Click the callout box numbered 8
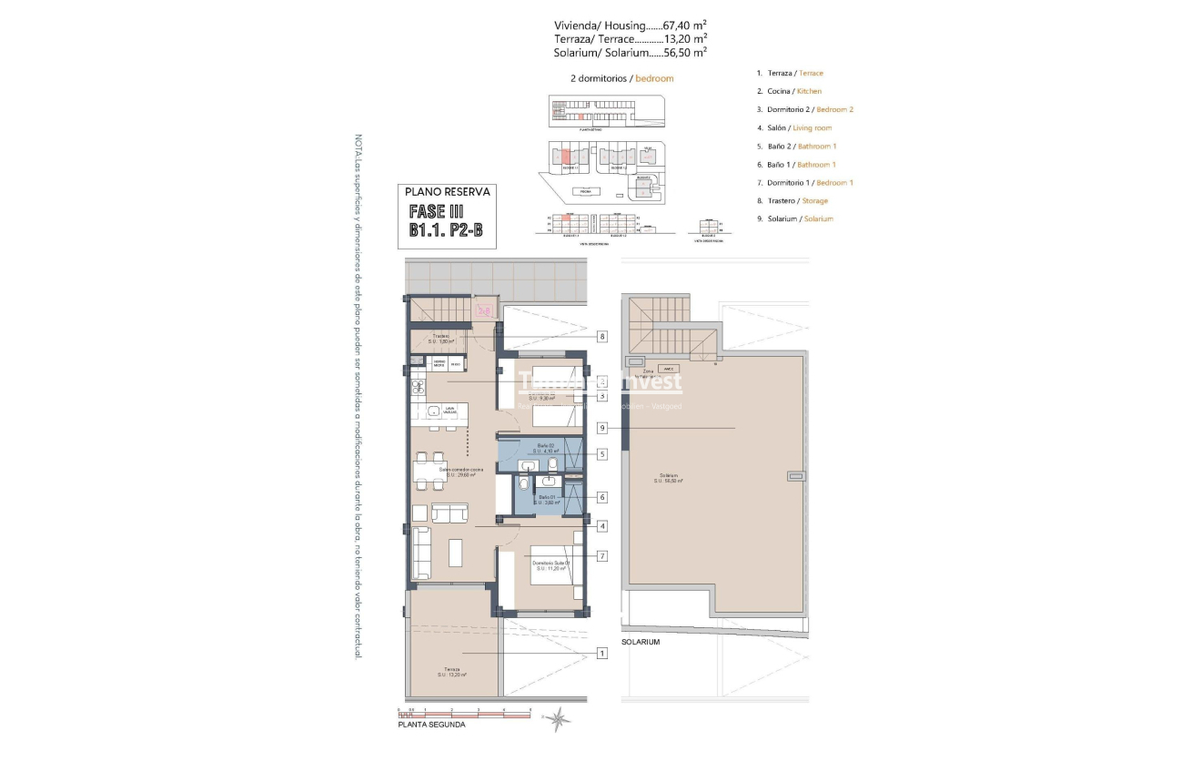pos(601,336)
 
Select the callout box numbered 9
pos(601,428)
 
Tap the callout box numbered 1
pos(601,653)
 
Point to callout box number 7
pos(601,555)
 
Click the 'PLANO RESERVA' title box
pos(448,192)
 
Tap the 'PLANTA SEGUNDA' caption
pos(431,726)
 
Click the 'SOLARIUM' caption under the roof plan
pos(641,642)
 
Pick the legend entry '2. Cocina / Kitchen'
pos(789,91)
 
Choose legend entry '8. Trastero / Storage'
pos(792,200)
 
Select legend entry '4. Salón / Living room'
pos(793,127)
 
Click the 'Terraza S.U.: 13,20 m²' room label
pos(451,672)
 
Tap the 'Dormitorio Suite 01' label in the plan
pos(552,565)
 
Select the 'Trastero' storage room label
pos(441,339)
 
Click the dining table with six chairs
pos(427,471)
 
